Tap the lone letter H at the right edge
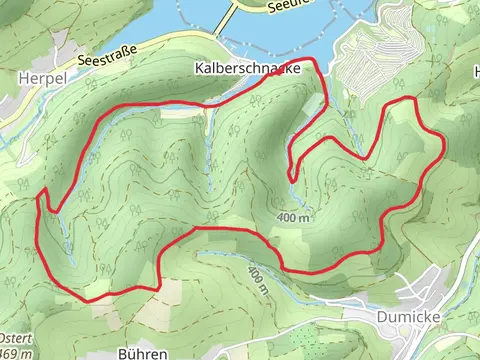point(474,71)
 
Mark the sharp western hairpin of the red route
point(43,192)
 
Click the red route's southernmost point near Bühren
point(90,299)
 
